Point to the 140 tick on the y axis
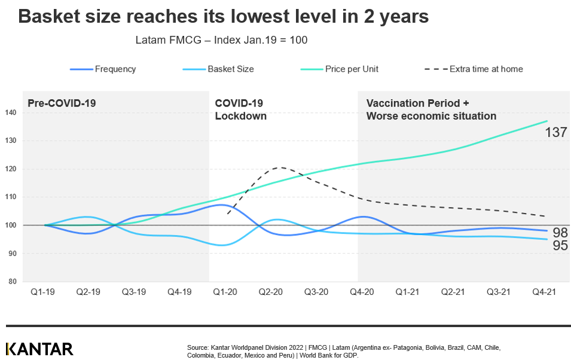click(10, 112)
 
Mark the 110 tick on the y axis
click(10, 197)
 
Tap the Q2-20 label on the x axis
click(270, 292)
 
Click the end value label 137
click(555, 132)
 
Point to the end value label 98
click(560, 233)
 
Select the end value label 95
click(560, 246)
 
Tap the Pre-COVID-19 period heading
click(62, 103)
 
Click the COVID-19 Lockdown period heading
click(240, 109)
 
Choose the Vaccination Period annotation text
click(431, 109)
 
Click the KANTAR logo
click(39, 349)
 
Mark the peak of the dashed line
click(280, 167)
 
